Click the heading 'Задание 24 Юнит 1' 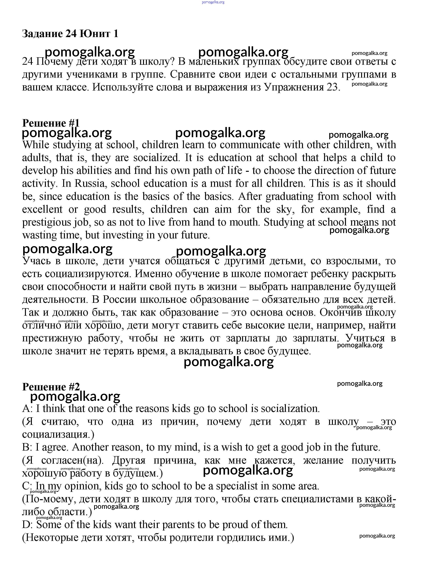pyautogui.click(x=70, y=34)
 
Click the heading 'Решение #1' pyautogui.click(x=51, y=123)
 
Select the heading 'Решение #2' pyautogui.click(x=51, y=387)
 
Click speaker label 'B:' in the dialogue pyautogui.click(x=27, y=447)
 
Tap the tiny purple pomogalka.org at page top pyautogui.click(x=213, y=2)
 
